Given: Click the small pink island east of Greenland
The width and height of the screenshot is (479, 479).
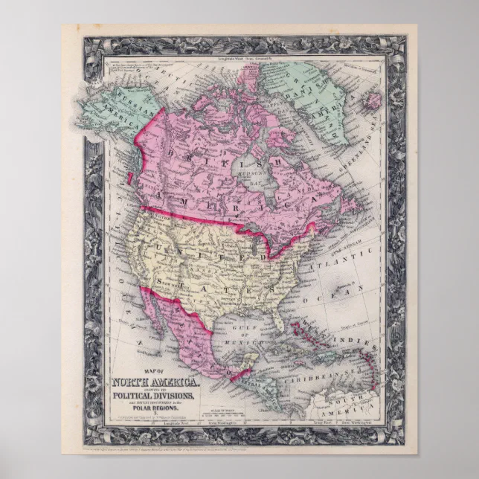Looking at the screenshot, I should [374, 100].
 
